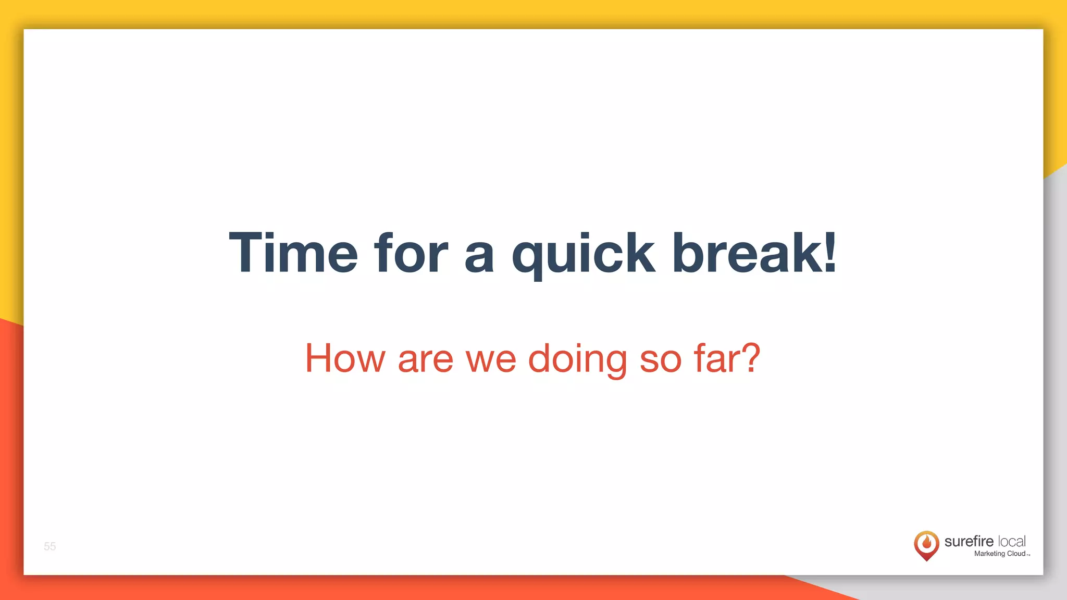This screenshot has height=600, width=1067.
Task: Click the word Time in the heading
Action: tap(293, 253)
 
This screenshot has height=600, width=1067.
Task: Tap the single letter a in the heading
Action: tap(479, 258)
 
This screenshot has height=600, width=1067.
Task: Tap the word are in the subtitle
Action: tap(426, 361)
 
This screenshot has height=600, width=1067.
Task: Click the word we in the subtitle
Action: tap(491, 361)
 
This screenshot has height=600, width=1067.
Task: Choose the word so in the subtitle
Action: tap(660, 361)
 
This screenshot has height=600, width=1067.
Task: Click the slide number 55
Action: tap(49, 546)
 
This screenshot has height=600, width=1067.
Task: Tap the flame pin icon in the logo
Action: tap(926, 545)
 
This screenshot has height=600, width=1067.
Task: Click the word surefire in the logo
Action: tap(969, 542)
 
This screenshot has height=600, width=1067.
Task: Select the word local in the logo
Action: tap(1012, 542)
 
